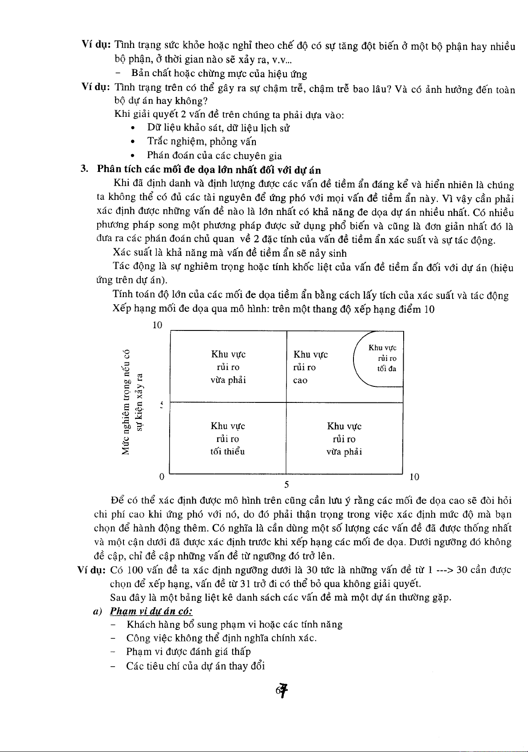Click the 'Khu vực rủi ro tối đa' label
[382, 358]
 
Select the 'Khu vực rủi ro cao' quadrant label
[310, 367]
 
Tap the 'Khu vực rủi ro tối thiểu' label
[228, 439]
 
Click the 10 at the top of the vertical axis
[157, 325]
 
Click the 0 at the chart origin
[162, 477]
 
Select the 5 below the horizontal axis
[286, 484]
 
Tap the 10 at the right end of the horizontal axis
[414, 477]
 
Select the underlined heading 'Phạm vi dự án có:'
[151, 611]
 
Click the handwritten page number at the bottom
[282, 690]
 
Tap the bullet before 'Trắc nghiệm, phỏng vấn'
[132, 142]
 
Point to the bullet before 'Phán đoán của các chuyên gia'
[132, 156]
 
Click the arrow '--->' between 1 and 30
[445, 569]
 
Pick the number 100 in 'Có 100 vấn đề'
[135, 570]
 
